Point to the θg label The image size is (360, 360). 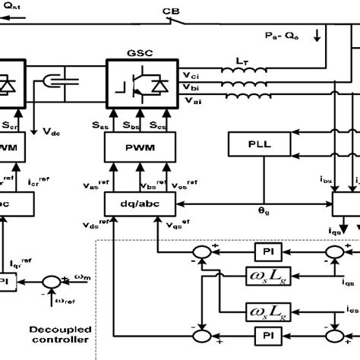pyautogui.click(x=262, y=217)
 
